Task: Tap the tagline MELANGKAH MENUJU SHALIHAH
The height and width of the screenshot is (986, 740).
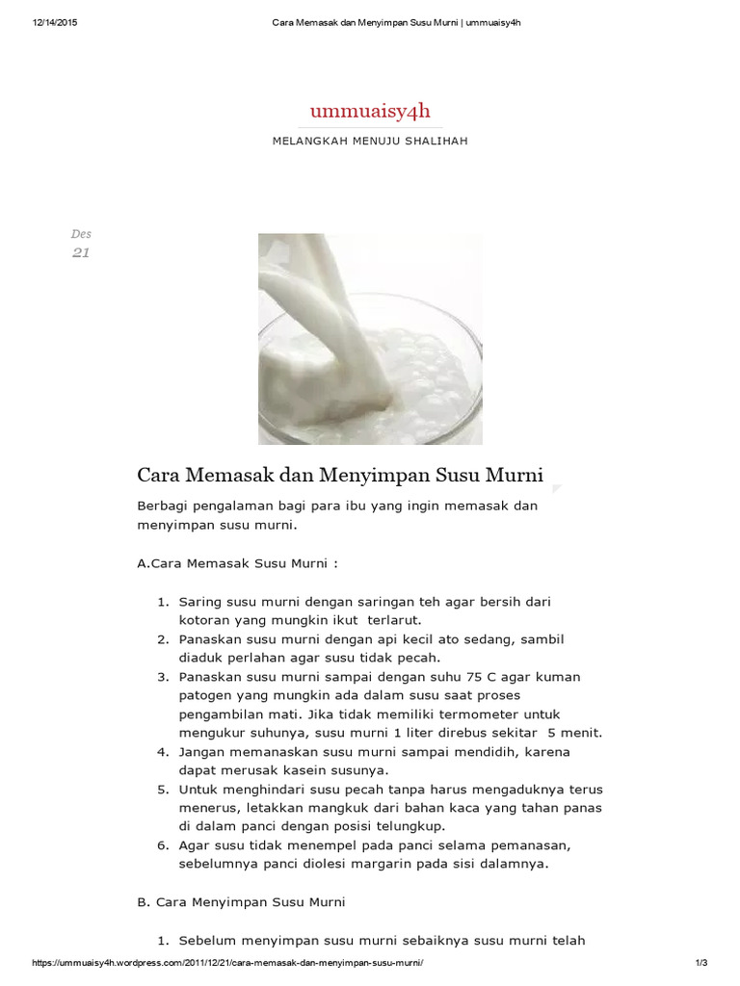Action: coord(370,141)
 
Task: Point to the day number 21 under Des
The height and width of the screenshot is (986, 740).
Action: coord(81,253)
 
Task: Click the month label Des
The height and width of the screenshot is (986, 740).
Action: coord(81,234)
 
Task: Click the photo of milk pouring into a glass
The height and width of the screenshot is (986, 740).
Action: coord(370,339)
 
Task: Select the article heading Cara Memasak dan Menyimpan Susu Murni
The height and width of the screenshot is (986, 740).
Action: coord(340,475)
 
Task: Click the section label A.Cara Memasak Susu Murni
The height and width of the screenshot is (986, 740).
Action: coord(238,563)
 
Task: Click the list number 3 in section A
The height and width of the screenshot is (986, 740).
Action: coord(163,677)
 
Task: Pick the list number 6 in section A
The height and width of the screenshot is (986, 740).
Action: coord(163,845)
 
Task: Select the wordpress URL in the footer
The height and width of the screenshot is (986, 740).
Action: coord(228,964)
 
